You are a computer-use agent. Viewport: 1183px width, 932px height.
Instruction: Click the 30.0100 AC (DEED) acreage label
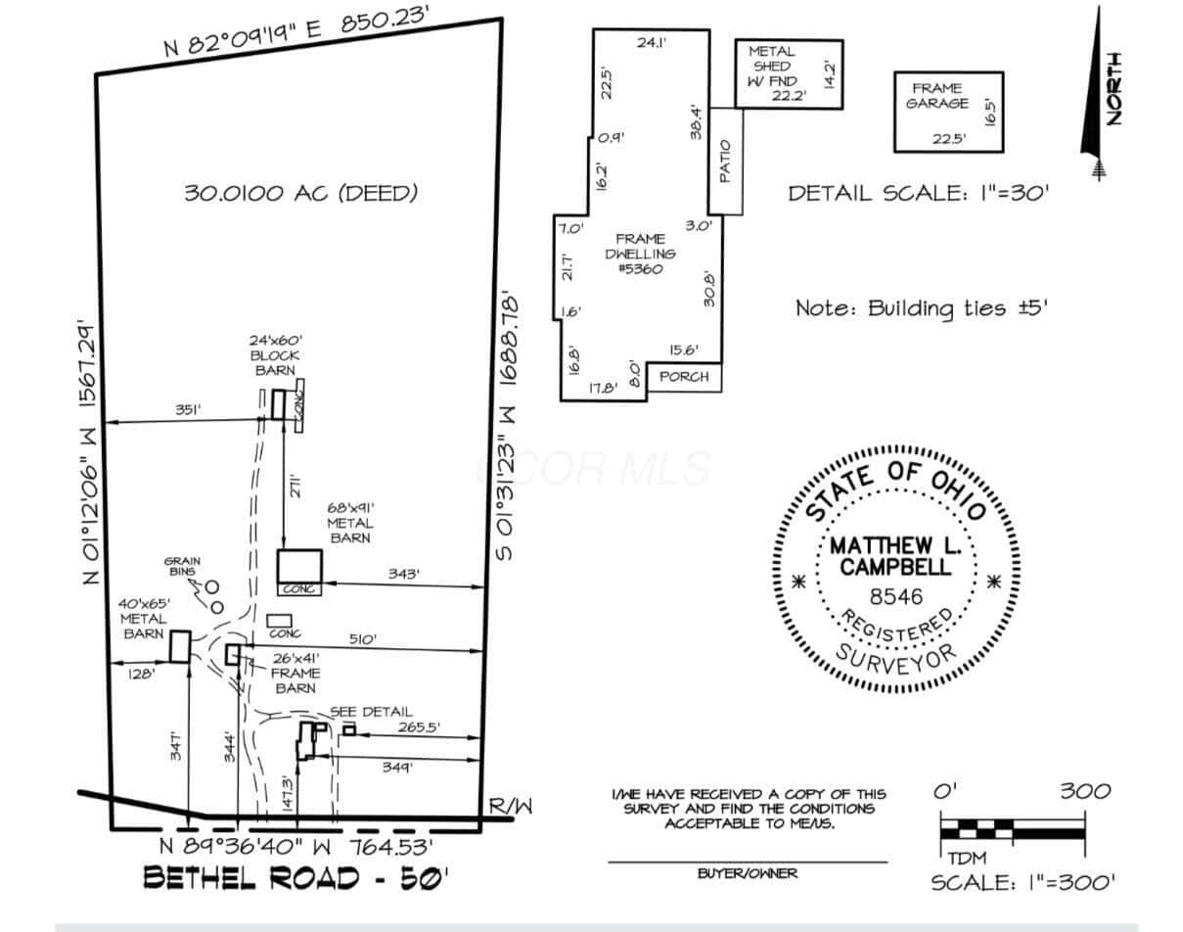(x=300, y=193)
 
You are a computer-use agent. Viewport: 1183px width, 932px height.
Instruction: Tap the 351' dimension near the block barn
(x=188, y=409)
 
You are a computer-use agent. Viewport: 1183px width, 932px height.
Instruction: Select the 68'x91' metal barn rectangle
(x=299, y=566)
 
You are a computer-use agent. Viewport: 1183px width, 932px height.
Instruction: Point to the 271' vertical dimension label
(x=296, y=486)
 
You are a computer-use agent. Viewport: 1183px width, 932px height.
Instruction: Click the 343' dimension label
(x=404, y=574)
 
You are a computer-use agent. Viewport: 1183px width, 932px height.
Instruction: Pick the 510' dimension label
(x=363, y=639)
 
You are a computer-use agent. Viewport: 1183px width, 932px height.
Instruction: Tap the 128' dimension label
(x=141, y=674)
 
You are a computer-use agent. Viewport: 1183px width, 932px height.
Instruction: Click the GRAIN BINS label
(x=182, y=566)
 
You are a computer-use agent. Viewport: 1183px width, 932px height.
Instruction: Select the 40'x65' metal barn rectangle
(x=180, y=646)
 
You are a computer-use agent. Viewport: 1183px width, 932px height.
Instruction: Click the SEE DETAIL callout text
(x=371, y=712)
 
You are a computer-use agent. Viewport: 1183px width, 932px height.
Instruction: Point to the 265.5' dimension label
(x=419, y=727)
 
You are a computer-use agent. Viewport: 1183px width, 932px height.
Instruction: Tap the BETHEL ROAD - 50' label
(x=296, y=877)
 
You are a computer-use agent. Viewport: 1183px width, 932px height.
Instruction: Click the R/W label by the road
(x=511, y=807)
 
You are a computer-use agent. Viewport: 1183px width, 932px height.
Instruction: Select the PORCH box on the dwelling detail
(x=684, y=377)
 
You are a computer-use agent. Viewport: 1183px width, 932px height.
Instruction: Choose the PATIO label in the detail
(x=725, y=162)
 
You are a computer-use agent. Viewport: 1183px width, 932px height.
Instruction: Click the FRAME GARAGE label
(x=937, y=96)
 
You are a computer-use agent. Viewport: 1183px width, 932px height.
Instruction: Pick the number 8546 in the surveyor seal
(x=896, y=596)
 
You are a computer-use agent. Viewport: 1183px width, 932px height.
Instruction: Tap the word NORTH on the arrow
(x=1114, y=89)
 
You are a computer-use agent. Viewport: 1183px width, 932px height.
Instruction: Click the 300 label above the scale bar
(x=1085, y=792)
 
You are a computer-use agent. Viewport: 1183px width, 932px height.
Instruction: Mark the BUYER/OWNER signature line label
(x=747, y=873)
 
